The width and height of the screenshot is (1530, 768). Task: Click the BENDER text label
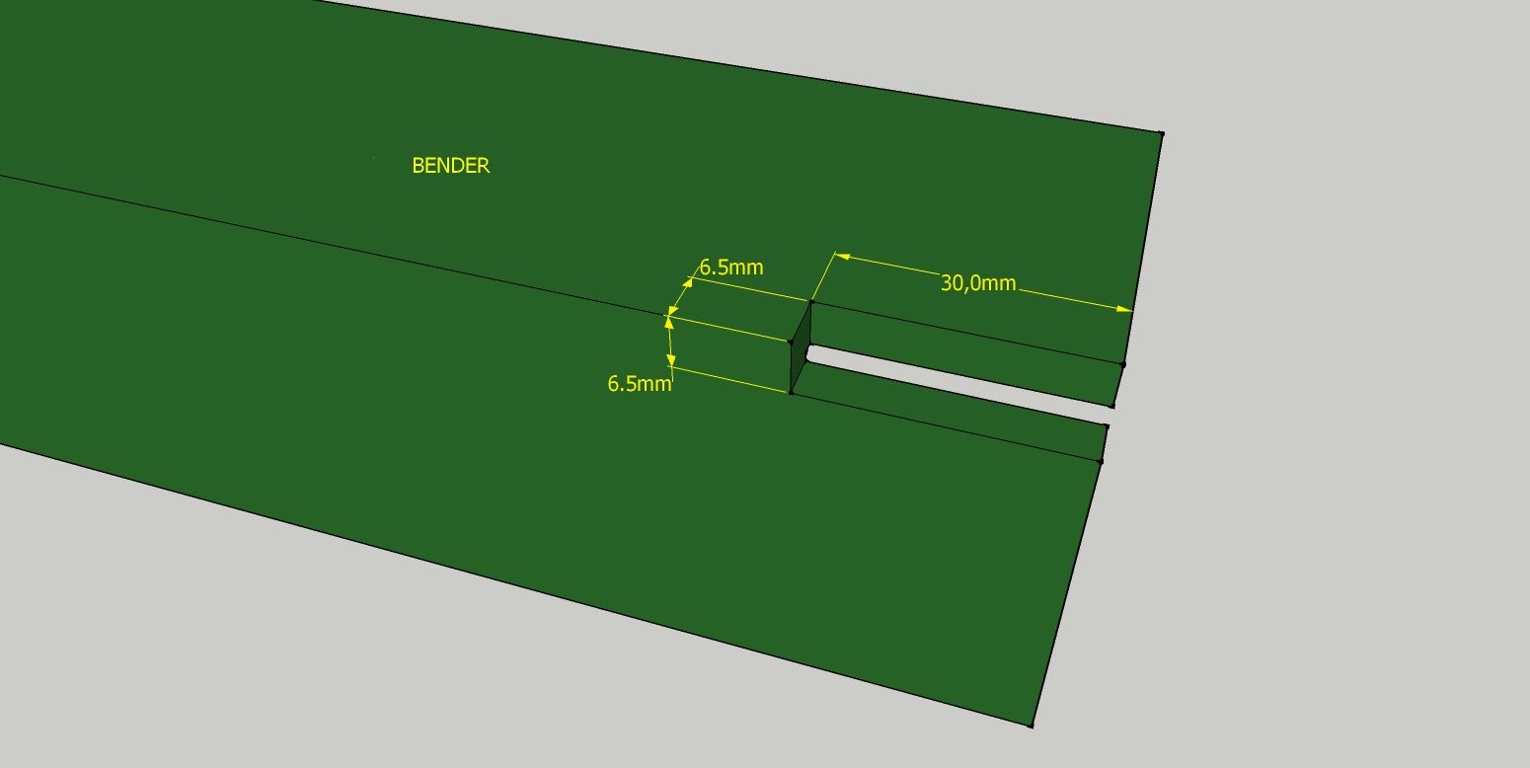[x=451, y=166]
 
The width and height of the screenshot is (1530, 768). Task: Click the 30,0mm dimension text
[x=978, y=283]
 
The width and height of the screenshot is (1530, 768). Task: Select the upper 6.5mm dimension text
[x=730, y=268]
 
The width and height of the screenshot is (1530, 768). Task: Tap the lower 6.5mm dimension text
[x=640, y=383]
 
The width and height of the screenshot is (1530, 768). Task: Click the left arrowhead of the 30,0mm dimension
[x=842, y=257]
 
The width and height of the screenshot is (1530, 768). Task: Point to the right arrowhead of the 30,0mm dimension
[x=1123, y=310]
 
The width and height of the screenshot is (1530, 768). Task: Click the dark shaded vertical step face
[x=801, y=347]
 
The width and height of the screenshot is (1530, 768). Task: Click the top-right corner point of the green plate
[x=1162, y=133]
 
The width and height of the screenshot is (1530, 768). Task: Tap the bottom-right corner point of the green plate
[x=1032, y=725]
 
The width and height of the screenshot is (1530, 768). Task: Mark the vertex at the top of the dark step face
[x=811, y=301]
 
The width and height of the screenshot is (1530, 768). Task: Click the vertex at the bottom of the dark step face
[x=791, y=393]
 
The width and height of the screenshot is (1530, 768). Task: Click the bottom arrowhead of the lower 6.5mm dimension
[x=671, y=359]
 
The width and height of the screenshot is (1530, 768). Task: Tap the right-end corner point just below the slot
[x=1107, y=426]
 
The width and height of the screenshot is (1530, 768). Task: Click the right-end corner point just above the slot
[x=1112, y=406]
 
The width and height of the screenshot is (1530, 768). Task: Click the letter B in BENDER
[x=418, y=166]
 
